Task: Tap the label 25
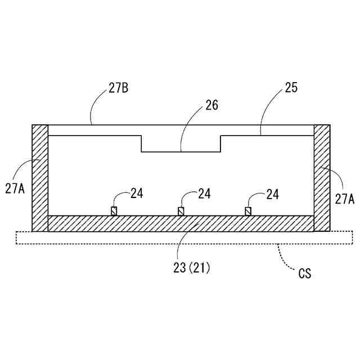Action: coord(291,88)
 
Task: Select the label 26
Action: coord(212,105)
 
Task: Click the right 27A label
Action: coord(344,198)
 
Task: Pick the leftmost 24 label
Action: coord(137,193)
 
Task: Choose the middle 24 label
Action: coord(204,193)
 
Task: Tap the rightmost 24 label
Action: coord(272,194)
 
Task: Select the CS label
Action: coord(305,274)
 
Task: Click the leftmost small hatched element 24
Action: coord(114,211)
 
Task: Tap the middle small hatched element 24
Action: coord(181,211)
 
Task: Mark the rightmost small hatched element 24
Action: coord(248,211)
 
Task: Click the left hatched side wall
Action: coord(40,177)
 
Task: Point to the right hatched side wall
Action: coord(321,177)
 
